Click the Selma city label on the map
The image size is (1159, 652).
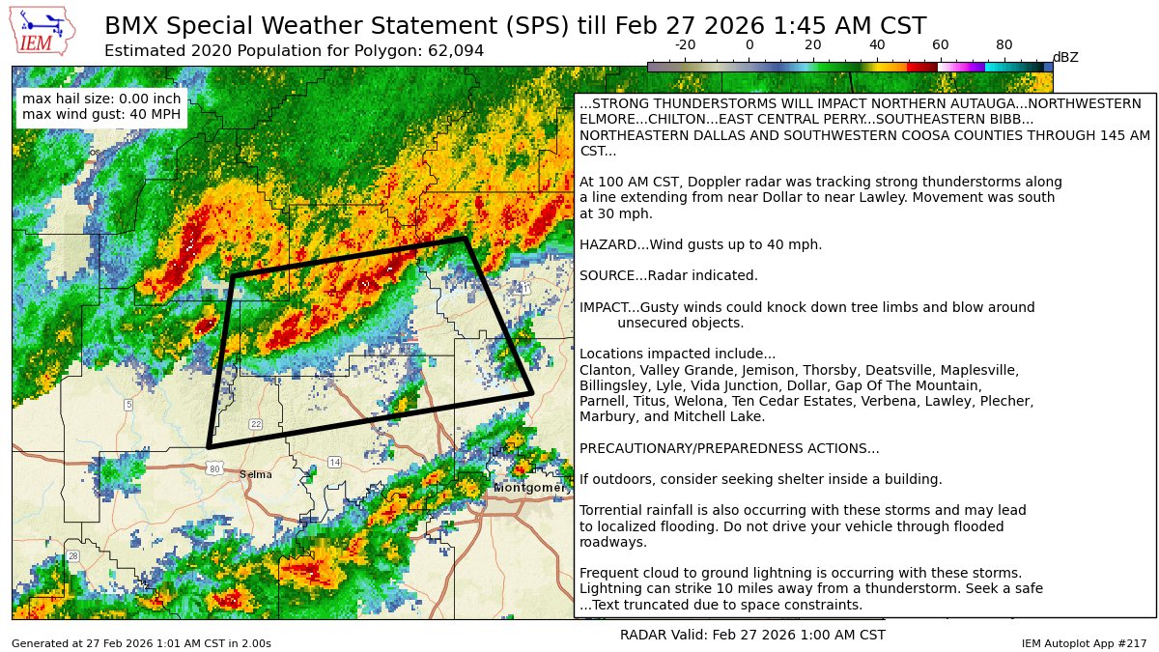pyautogui.click(x=255, y=474)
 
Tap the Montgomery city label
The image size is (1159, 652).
pyautogui.click(x=528, y=488)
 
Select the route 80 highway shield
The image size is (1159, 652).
pyautogui.click(x=214, y=468)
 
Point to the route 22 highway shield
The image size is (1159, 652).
pyautogui.click(x=256, y=424)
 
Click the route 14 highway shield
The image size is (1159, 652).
pyautogui.click(x=334, y=463)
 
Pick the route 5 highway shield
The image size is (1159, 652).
pyautogui.click(x=128, y=404)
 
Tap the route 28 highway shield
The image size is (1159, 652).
pyautogui.click(x=72, y=555)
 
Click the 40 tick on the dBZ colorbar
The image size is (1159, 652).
pyautogui.click(x=876, y=45)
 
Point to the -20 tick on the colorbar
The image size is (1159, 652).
pyautogui.click(x=685, y=45)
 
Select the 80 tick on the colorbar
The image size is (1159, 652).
pyautogui.click(x=1004, y=45)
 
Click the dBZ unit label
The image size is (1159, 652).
pyautogui.click(x=1065, y=58)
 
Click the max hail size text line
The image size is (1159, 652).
pyautogui.click(x=101, y=99)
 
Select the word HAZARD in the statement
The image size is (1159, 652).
pyautogui.click(x=606, y=244)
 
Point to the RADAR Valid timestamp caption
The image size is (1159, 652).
pyautogui.click(x=752, y=635)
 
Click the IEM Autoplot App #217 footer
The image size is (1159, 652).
pyautogui.click(x=1084, y=643)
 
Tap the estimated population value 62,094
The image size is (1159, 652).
pyautogui.click(x=452, y=50)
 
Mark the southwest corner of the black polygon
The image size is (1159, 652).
pyautogui.click(x=209, y=447)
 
